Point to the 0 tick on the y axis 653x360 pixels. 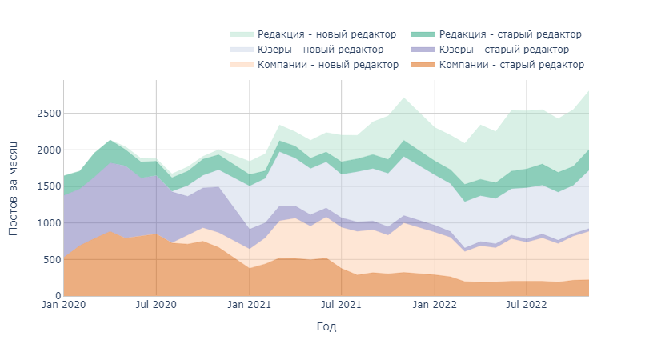[x=56, y=296]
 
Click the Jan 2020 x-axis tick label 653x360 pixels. [x=63, y=305]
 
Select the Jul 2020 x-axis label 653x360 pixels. [x=156, y=305]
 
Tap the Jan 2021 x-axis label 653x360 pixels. [x=250, y=305]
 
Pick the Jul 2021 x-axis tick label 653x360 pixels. [x=342, y=305]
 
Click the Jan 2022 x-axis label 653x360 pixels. [x=435, y=305]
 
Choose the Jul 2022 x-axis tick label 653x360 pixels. [x=527, y=305]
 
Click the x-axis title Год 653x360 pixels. [x=326, y=326]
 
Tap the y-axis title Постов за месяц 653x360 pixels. [x=14, y=189]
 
